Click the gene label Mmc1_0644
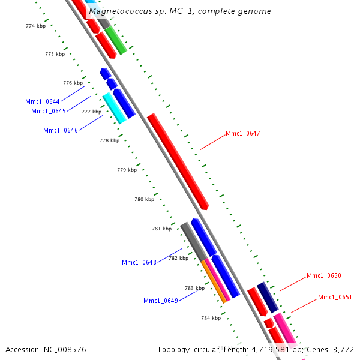[x=42, y=101]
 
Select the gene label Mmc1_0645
[x=48, y=111]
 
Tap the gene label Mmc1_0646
[x=60, y=130]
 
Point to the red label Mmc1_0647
[x=242, y=133]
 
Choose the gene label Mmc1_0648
[x=139, y=262]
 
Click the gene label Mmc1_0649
[x=160, y=301]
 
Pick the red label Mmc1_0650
[x=323, y=275]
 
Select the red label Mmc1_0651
[x=335, y=297]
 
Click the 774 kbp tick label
[x=36, y=26]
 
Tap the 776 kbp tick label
[x=73, y=83]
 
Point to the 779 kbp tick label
[x=127, y=170]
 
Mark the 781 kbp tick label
[x=161, y=229]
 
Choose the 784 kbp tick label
[x=211, y=318]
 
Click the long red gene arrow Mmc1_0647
[x=177, y=161]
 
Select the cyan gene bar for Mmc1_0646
[x=114, y=108]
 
